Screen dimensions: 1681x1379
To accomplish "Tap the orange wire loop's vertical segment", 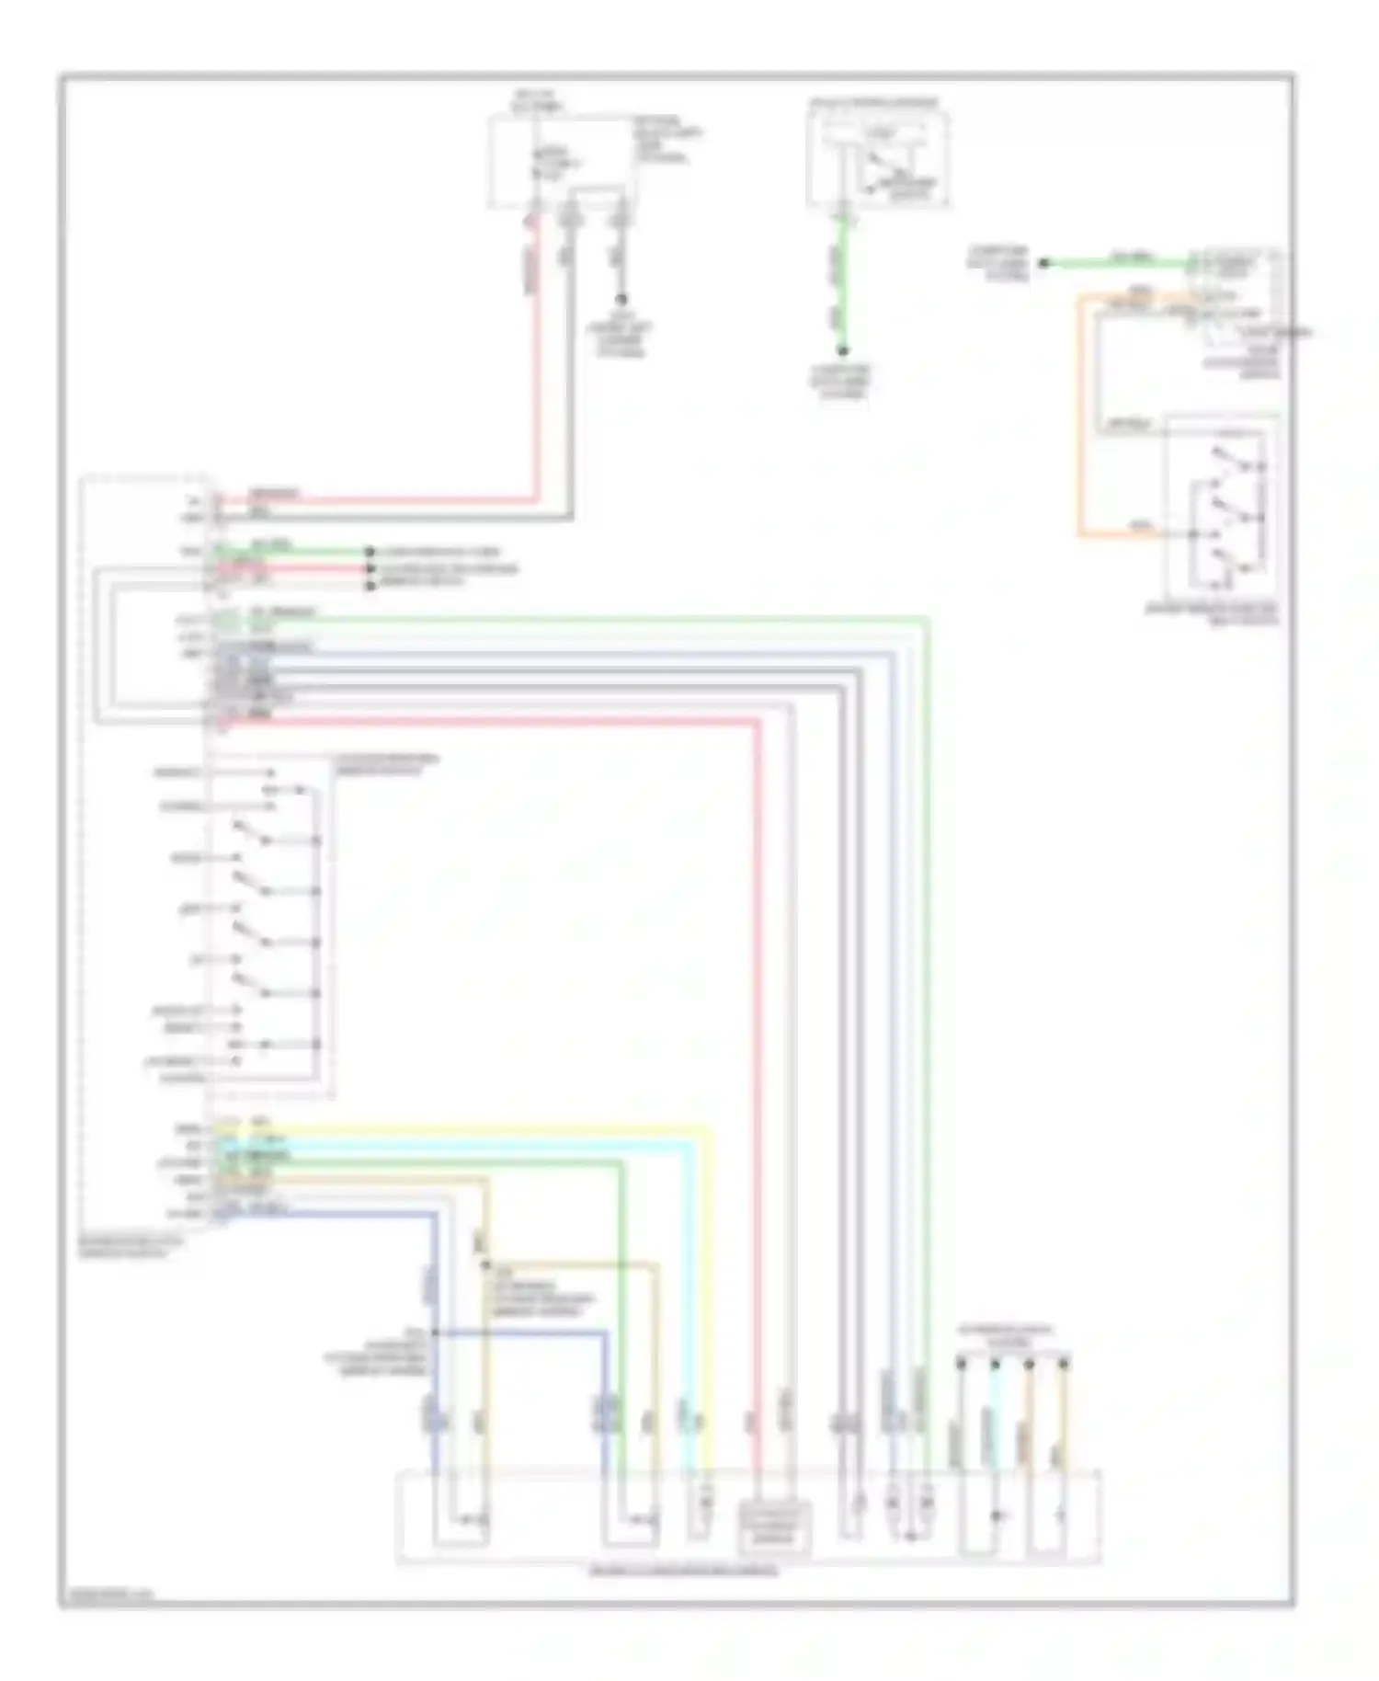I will tap(1080, 414).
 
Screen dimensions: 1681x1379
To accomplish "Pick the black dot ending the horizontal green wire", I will tap(1043, 264).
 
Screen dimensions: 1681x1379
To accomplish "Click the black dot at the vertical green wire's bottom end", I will tap(842, 350).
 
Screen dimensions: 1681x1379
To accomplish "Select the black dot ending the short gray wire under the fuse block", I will tap(621, 300).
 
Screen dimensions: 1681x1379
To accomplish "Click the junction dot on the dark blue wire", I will tap(434, 1332).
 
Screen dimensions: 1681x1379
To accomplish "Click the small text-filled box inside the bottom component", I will tap(775, 1527).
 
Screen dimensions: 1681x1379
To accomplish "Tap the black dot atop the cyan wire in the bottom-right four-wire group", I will tap(995, 1361).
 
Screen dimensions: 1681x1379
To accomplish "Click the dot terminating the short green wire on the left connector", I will tap(370, 552).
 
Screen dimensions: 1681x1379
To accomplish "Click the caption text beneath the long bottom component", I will tap(683, 1572).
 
